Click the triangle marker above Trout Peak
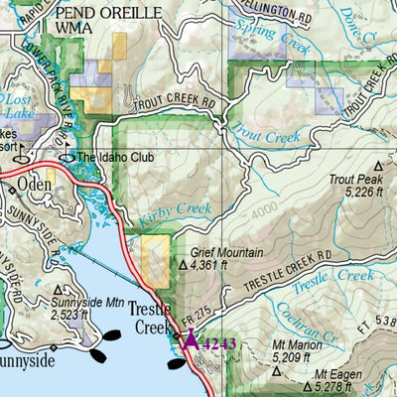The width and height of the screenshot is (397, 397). pyautogui.click(x=377, y=167)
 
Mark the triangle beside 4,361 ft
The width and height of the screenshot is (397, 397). pyautogui.click(x=182, y=265)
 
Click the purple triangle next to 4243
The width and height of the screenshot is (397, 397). pyautogui.click(x=191, y=342)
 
